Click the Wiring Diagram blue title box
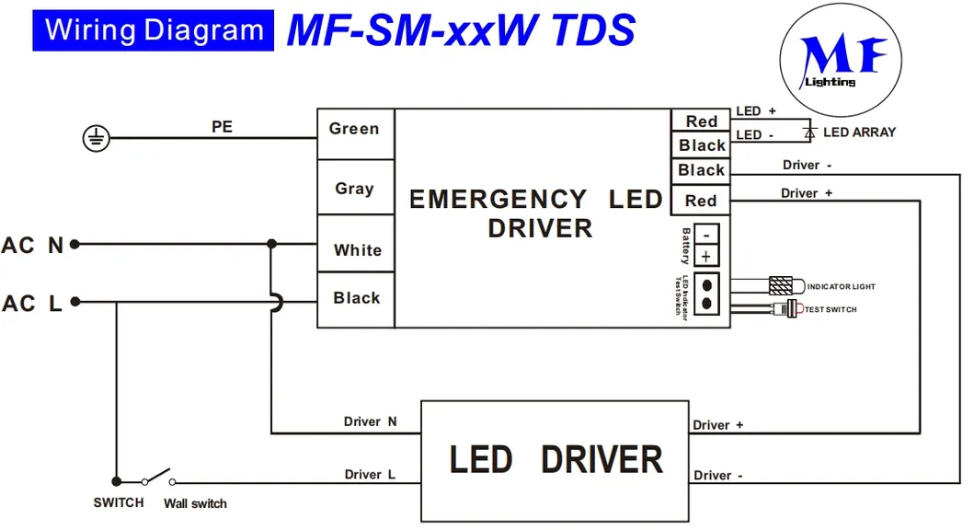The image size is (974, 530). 154,30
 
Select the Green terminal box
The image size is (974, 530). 355,130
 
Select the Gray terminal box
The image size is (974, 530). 355,189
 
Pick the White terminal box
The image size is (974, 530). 357,250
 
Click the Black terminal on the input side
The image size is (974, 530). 357,298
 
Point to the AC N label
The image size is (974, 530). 33,246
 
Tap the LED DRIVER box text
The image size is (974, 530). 556,459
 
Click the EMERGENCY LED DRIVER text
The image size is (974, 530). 536,213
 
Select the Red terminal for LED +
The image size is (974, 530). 701,121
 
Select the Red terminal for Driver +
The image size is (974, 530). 701,201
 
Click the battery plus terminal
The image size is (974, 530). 706,257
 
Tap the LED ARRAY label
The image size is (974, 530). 859,132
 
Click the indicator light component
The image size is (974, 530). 785,286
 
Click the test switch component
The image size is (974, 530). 787,309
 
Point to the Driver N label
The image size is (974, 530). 371,421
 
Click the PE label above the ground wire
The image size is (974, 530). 222,127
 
